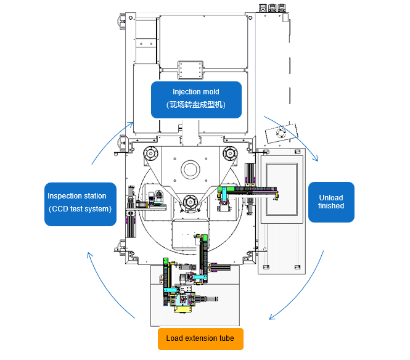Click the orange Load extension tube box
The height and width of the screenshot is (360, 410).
200,338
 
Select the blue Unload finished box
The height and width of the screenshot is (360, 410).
331,202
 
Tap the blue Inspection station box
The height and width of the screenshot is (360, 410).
80,203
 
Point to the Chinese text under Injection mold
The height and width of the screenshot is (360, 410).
196,105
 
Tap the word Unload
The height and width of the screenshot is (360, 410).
331,197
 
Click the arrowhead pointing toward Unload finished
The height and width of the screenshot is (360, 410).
316,158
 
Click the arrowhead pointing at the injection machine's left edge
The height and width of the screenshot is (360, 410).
131,123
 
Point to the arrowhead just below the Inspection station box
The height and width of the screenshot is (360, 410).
89,253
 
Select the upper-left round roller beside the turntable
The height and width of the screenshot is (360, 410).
150,153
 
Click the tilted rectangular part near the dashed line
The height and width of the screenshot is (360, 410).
279,134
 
